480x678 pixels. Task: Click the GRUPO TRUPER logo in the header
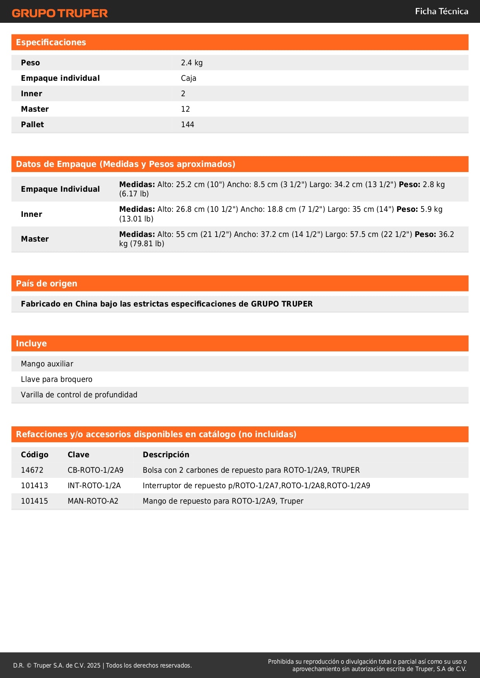[x=60, y=13]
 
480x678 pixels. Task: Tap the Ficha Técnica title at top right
[x=441, y=11]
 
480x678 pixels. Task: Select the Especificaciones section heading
[x=51, y=43]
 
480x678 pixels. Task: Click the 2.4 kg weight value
[x=191, y=63]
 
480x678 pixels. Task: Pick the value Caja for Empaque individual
[x=188, y=78]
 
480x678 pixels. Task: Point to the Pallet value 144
[x=187, y=124]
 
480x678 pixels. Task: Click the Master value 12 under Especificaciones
[x=185, y=109]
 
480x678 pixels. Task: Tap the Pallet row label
[x=32, y=124]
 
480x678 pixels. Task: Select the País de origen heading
[x=46, y=283]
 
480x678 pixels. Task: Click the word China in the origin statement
[x=87, y=304]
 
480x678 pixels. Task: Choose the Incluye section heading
[x=31, y=343]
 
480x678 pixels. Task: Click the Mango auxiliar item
[x=47, y=364]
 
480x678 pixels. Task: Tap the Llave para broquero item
[x=56, y=379]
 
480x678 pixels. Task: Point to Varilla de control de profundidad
[x=79, y=395]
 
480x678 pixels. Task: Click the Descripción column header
[x=166, y=455]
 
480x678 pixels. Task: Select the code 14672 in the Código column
[x=32, y=470]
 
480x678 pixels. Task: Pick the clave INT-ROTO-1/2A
[x=94, y=486]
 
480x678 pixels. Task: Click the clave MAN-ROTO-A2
[x=93, y=501]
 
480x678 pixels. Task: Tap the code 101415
[x=34, y=501]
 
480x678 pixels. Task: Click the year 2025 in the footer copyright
[x=94, y=665]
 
